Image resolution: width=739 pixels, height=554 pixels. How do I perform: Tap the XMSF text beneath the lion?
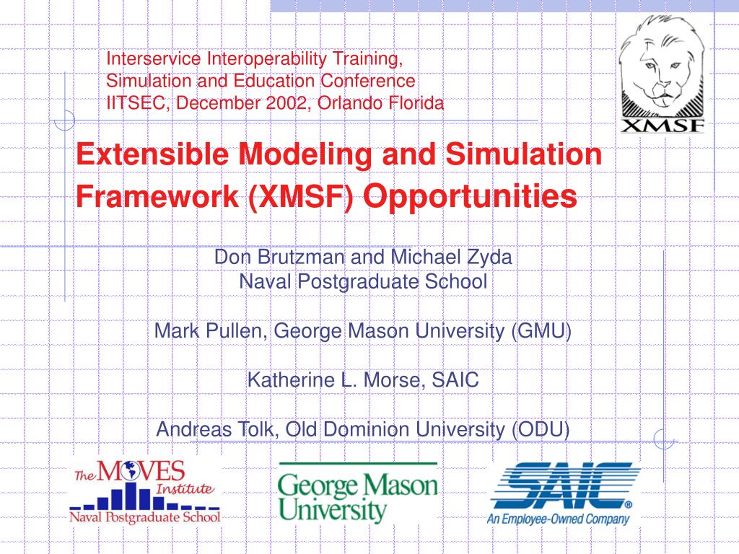(x=662, y=126)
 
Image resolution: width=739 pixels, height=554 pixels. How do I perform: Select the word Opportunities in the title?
(x=471, y=195)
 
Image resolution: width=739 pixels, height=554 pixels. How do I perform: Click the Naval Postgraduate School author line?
(x=363, y=281)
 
